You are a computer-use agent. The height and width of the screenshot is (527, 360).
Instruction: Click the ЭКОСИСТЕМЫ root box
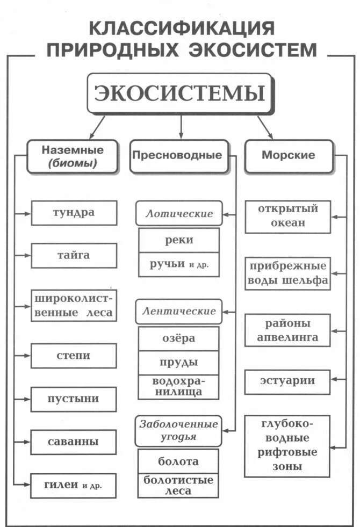[x=180, y=93]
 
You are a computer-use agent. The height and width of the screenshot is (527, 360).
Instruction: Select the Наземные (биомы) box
[x=73, y=156]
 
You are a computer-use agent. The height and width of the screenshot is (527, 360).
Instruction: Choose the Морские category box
[x=289, y=155]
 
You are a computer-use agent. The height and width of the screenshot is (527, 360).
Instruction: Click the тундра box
[x=74, y=212]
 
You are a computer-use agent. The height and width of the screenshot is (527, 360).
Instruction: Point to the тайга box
[x=74, y=255]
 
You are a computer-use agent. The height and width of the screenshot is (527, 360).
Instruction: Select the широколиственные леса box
[x=74, y=305]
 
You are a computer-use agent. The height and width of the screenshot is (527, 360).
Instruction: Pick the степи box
[x=74, y=356]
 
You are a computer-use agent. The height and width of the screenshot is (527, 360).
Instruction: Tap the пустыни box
[x=74, y=399]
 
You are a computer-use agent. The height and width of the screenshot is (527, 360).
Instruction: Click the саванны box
[x=74, y=442]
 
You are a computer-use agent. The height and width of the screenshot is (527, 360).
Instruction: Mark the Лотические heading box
[x=179, y=214]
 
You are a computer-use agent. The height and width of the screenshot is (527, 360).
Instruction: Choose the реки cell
[x=179, y=240]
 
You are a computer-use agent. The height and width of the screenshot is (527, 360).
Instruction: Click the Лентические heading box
[x=179, y=311]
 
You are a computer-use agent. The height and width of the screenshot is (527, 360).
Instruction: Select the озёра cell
[x=179, y=338]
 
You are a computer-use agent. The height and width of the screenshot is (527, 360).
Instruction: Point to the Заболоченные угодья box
[x=179, y=430]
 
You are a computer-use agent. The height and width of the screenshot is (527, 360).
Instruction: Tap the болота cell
[x=179, y=461]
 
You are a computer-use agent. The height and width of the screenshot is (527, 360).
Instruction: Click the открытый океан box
[x=288, y=216]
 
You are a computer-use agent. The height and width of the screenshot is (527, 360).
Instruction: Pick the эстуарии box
[x=288, y=381]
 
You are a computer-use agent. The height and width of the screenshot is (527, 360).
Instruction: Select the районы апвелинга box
[x=288, y=330]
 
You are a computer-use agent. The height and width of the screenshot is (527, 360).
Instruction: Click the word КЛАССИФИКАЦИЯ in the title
[x=181, y=28]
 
